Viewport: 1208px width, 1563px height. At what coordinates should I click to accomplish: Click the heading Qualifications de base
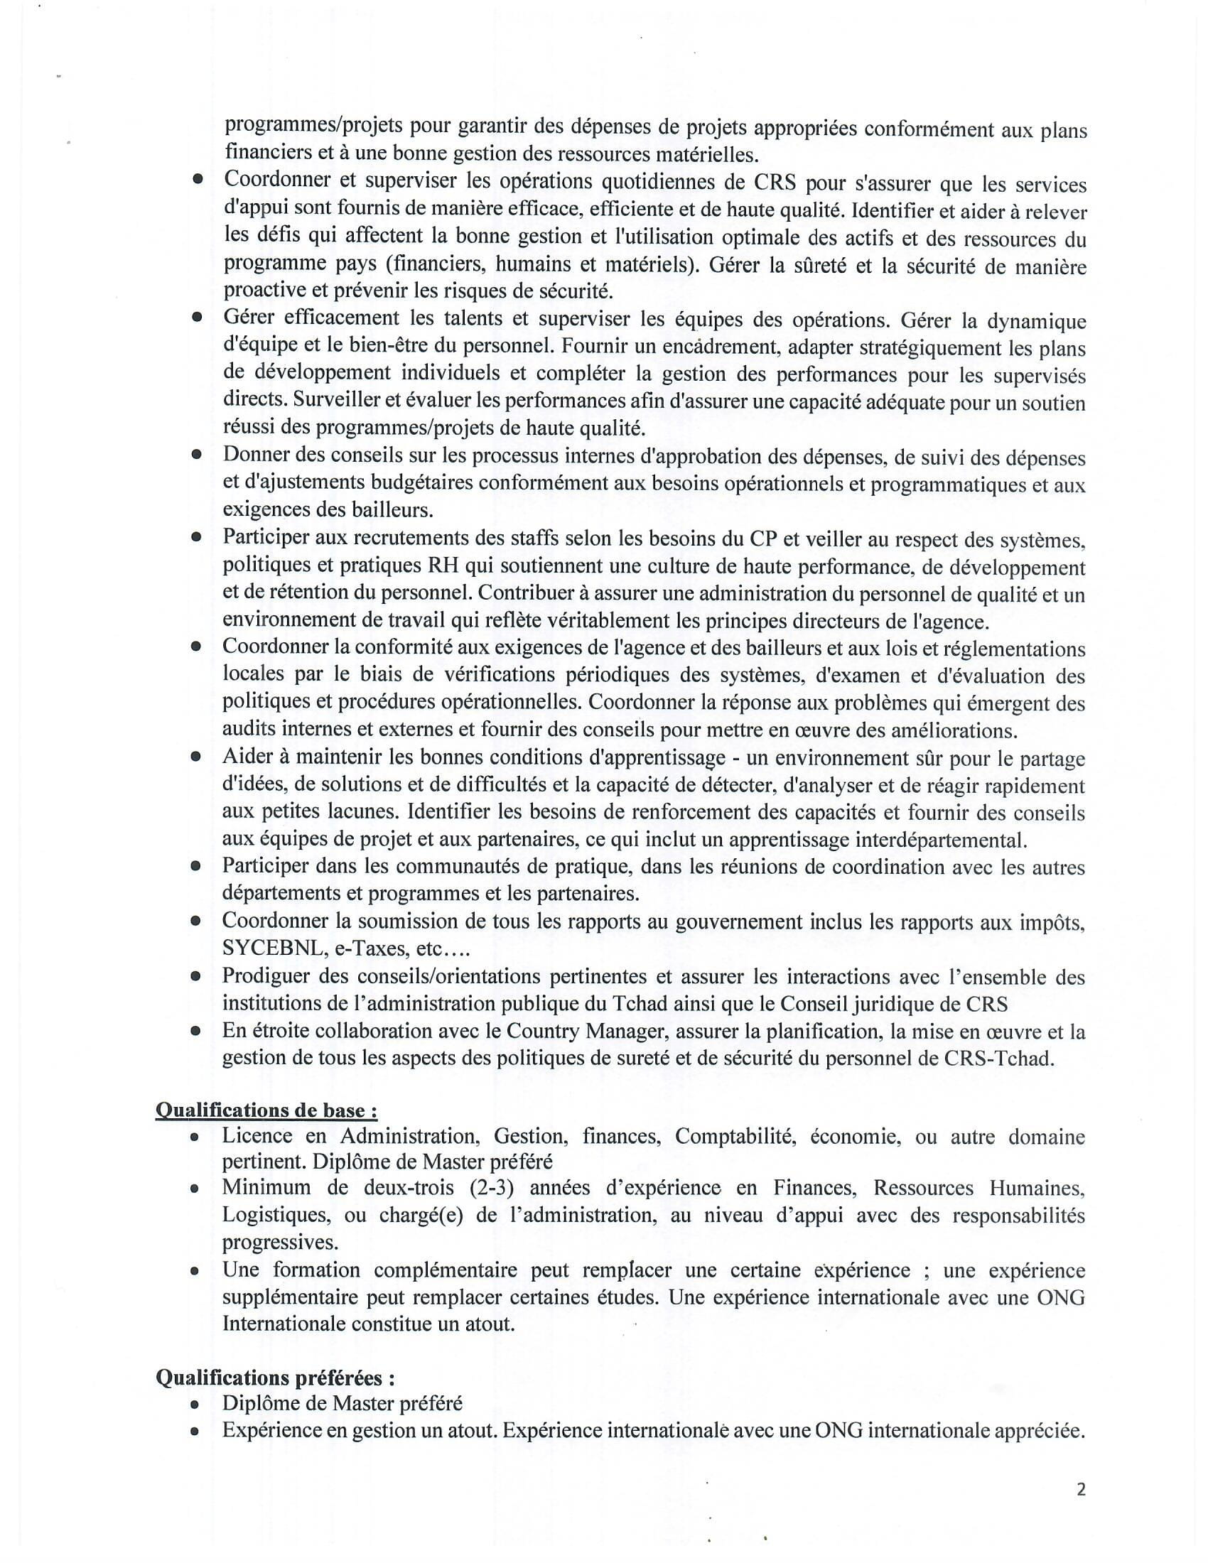(x=266, y=1110)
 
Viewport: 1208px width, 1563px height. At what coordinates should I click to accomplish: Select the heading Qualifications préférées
(x=276, y=1378)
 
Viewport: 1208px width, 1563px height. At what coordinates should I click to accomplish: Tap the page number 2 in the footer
(x=1081, y=1489)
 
